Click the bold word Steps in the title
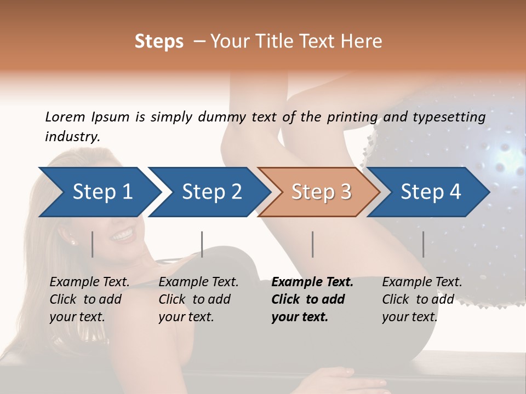[x=159, y=42]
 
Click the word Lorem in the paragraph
[x=65, y=117]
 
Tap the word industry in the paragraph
[x=71, y=136]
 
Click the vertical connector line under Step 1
[x=92, y=244]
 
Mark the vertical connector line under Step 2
[x=202, y=244]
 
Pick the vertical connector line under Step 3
[x=312, y=244]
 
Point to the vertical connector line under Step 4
[x=423, y=244]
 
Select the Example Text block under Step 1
[x=89, y=299]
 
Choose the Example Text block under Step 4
[x=422, y=299]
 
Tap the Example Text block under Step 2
[x=198, y=299]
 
